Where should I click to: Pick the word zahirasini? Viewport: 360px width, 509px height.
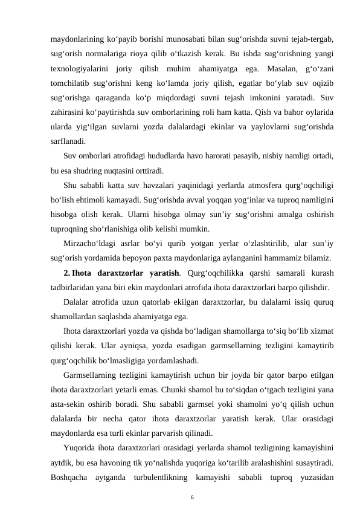[68, 114]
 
